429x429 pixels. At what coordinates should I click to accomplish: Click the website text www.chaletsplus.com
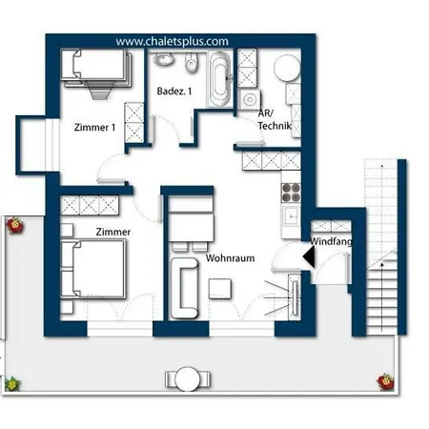173,42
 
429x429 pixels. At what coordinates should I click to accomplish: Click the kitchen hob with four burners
290,191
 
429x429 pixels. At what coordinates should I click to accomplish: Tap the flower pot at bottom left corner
12,383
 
